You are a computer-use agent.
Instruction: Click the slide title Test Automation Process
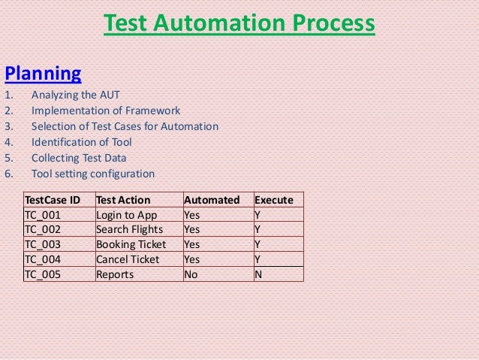tap(239, 25)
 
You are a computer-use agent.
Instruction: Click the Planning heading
tap(43, 74)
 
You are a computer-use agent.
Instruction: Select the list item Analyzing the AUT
tap(75, 95)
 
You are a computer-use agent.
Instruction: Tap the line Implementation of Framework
tap(105, 110)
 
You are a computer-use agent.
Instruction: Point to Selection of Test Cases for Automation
tap(125, 126)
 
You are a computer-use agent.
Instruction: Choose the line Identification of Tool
tap(81, 142)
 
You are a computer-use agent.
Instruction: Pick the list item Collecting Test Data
tap(79, 158)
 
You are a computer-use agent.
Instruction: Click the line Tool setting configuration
tap(92, 174)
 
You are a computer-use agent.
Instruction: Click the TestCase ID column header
tap(53, 200)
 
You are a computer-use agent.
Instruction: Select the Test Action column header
tap(123, 200)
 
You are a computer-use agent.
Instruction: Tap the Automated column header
tap(212, 200)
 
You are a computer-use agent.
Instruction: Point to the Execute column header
tap(274, 200)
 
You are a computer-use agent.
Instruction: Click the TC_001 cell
tap(42, 215)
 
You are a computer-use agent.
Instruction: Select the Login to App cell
tap(125, 215)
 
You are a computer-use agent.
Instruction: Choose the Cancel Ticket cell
tap(128, 259)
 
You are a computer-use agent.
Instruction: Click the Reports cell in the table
tap(115, 274)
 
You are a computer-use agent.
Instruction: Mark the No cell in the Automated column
tap(191, 274)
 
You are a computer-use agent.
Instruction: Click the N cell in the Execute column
tap(259, 274)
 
